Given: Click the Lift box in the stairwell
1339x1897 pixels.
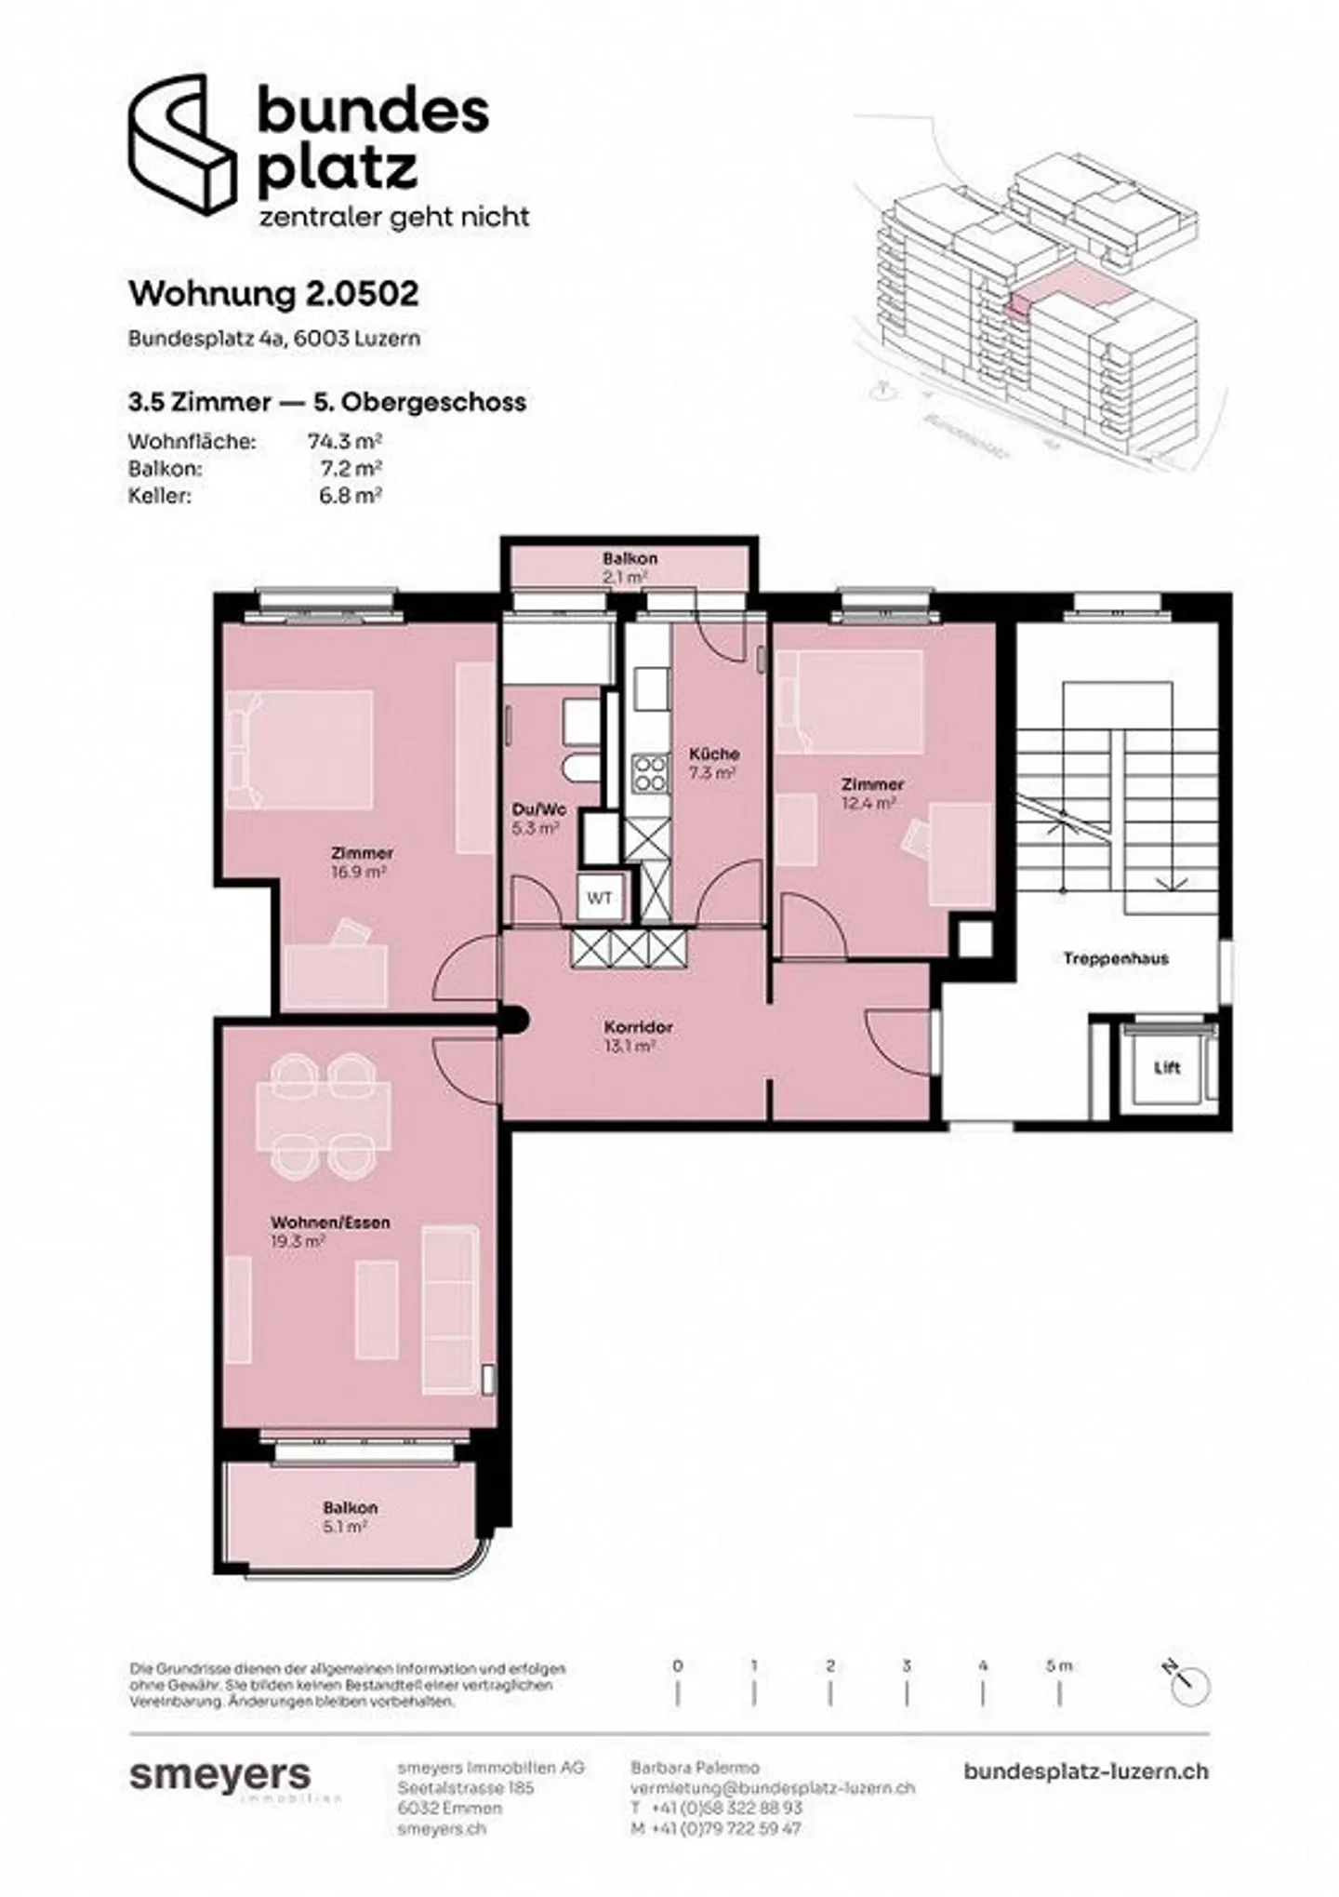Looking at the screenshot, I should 1166,1068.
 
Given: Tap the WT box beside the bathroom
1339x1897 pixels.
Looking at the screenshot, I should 599,899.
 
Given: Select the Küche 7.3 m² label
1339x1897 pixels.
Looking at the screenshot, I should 713,762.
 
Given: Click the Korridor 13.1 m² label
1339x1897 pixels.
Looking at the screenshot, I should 638,1035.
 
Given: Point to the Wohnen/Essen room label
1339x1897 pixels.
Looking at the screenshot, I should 317,1222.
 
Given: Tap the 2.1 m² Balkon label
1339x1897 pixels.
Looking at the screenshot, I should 629,567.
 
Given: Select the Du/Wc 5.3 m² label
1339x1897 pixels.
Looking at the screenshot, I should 538,818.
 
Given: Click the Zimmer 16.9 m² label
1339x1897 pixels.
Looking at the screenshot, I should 362,862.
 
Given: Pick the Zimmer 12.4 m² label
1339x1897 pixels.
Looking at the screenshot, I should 871,793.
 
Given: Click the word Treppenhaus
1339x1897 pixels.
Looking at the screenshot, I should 1116,958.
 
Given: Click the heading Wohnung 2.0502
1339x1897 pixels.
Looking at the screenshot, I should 273,294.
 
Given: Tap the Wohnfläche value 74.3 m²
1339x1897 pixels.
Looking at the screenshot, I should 345,442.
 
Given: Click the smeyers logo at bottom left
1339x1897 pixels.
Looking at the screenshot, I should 220,1775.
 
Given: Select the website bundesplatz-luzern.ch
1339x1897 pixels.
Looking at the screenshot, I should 1086,1770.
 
